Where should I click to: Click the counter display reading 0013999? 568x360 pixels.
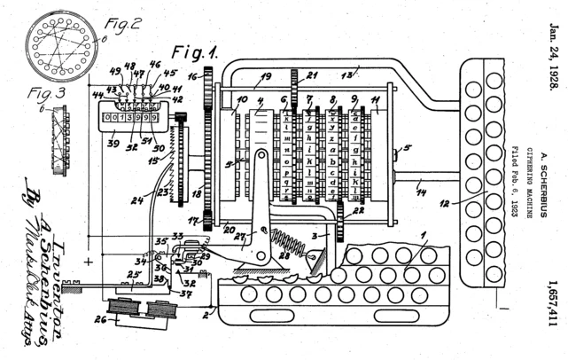pyautogui.click(x=130, y=118)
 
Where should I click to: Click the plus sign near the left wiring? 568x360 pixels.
pyautogui.click(x=89, y=262)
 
